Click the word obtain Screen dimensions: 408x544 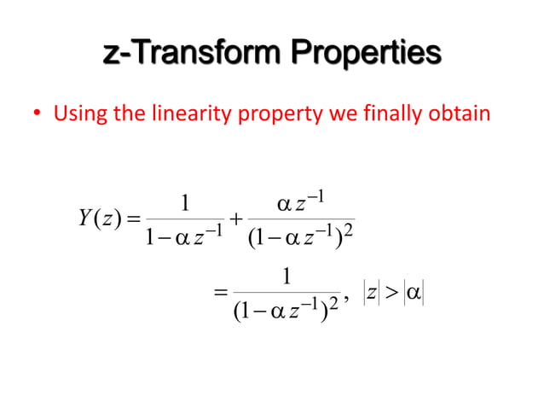click(x=460, y=114)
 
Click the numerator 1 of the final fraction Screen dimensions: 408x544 click(x=287, y=277)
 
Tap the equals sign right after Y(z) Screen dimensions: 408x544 click(x=125, y=213)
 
